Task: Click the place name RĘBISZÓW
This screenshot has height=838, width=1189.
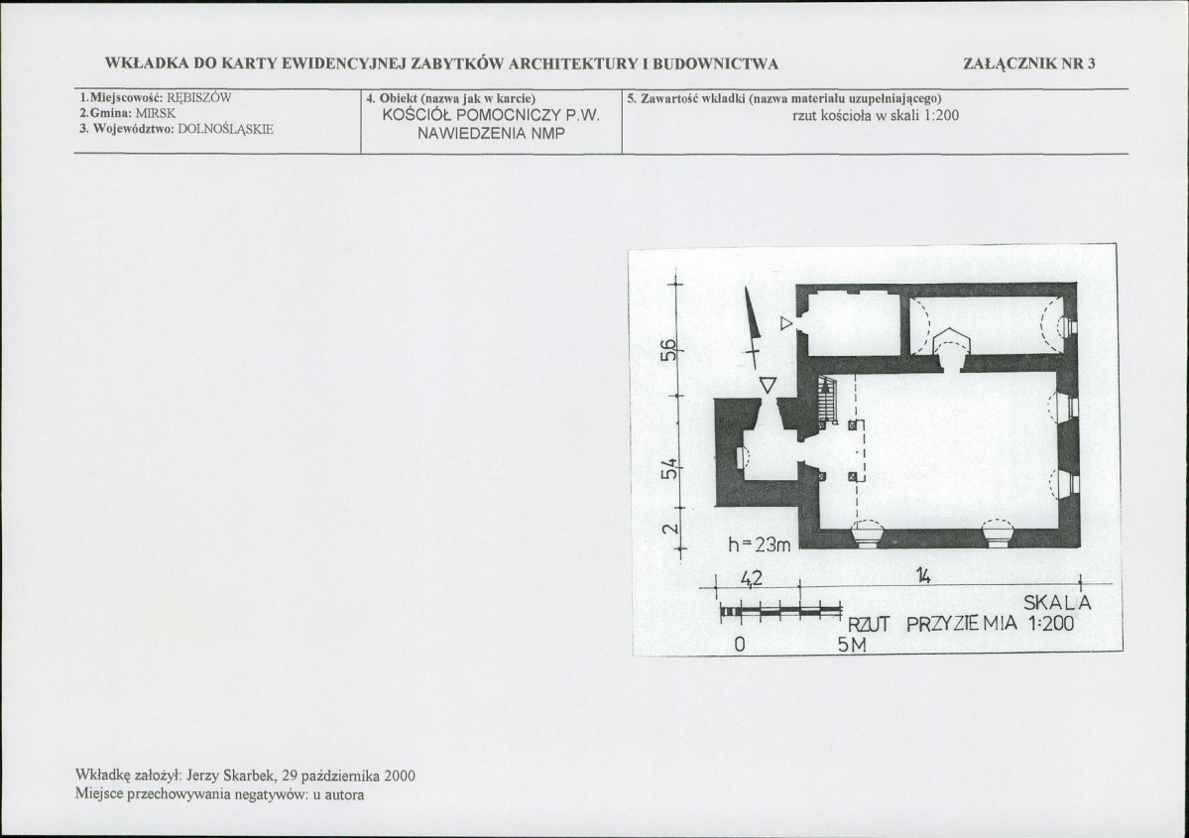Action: (x=198, y=98)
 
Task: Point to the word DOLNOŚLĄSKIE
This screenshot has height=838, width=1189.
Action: (x=225, y=129)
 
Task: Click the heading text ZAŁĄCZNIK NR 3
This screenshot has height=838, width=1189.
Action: (x=1029, y=63)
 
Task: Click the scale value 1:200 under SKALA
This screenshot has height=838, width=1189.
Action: (x=1051, y=624)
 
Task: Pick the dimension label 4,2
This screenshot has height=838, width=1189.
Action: (x=751, y=578)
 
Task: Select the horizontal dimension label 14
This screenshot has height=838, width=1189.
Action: (x=922, y=576)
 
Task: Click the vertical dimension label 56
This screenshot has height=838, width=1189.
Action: (x=667, y=350)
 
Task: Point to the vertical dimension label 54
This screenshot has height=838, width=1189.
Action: (x=668, y=468)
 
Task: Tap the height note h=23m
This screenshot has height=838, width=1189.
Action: (x=759, y=544)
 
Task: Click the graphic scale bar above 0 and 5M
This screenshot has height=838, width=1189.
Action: (x=781, y=611)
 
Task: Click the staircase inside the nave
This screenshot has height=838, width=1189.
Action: (x=826, y=401)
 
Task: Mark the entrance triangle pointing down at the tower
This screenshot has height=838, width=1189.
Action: (x=769, y=385)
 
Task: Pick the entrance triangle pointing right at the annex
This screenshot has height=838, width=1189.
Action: (x=786, y=324)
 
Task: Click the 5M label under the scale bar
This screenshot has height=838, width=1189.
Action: (x=852, y=646)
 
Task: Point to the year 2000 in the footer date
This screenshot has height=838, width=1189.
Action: (x=400, y=776)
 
